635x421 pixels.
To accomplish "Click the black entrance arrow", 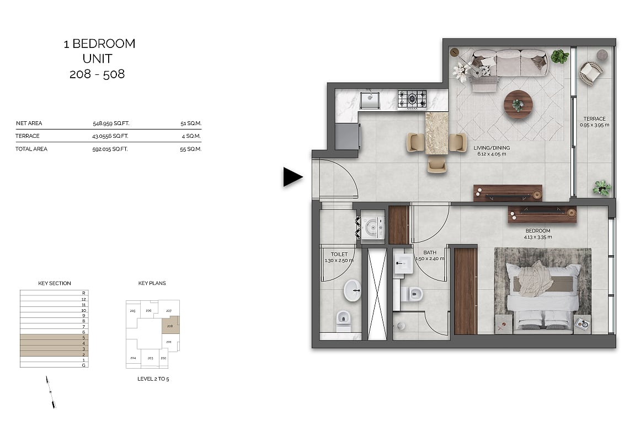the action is [x=292, y=177].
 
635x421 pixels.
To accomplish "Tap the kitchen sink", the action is [x=370, y=100].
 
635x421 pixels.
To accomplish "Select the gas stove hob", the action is [x=412, y=100].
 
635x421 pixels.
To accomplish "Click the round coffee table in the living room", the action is [x=518, y=104].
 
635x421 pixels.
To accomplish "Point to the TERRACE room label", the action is [x=594, y=119].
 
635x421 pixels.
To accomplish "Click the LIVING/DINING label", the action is [x=492, y=148].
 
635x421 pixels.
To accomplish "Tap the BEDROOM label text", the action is [x=538, y=231].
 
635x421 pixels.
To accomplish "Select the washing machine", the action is [x=372, y=228].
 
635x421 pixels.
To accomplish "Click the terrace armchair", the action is [x=591, y=72].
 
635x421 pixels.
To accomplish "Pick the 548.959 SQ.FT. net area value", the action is [x=111, y=123].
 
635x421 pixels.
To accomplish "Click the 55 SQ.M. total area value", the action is [x=190, y=149].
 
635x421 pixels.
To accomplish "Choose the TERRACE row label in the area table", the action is [x=28, y=136].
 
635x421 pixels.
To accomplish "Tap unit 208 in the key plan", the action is [x=170, y=326].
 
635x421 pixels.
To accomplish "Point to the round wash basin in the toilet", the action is [x=353, y=290].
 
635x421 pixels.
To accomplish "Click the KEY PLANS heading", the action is [x=152, y=283].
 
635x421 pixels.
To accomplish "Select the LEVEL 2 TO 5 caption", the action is [x=153, y=379].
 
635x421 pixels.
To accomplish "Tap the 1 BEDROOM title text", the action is [x=99, y=44].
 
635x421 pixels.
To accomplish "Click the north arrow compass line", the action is [x=51, y=392].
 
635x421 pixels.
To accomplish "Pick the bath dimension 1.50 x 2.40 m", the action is [x=430, y=259].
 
